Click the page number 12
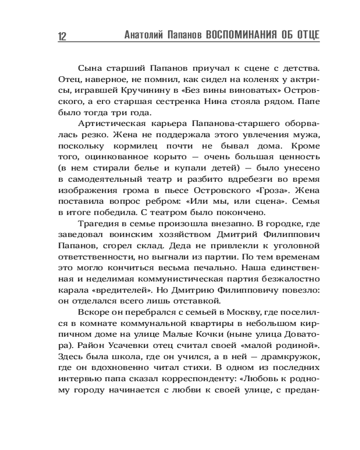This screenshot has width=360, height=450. (62, 36)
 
